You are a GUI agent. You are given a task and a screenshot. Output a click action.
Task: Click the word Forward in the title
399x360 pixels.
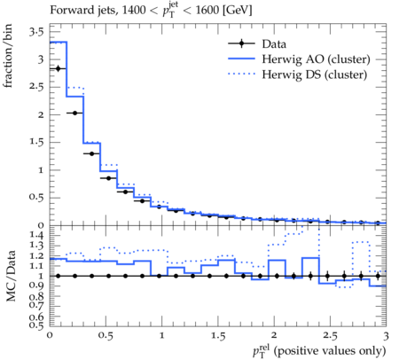[x=68, y=11]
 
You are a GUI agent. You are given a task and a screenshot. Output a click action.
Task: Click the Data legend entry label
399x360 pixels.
[x=274, y=44]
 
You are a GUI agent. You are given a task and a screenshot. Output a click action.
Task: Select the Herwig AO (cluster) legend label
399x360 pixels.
[x=316, y=59]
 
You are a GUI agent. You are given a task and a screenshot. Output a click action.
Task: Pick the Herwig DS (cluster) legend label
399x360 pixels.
[x=315, y=74]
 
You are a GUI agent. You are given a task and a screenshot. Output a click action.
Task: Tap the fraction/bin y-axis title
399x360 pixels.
[x=8, y=56]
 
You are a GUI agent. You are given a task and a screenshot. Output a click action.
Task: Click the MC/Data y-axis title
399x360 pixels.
[x=11, y=276]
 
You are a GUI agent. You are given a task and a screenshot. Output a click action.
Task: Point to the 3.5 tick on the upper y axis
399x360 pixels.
[x=36, y=32]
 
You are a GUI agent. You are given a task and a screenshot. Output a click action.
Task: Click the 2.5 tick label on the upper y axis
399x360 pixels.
[x=36, y=87]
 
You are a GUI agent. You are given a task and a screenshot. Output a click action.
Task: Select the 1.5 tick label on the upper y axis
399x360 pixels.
[x=36, y=142]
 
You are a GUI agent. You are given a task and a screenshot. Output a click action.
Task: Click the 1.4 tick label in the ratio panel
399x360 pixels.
[x=36, y=235]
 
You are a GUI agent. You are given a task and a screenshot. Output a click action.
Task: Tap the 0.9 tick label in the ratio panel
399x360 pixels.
[x=36, y=286]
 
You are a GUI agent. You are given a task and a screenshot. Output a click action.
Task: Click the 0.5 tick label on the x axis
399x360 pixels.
[x=106, y=336]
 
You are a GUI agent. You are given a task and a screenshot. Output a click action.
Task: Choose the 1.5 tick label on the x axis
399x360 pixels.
[x=218, y=336]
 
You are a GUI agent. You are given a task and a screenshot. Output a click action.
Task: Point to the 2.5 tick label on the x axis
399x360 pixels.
[x=330, y=336]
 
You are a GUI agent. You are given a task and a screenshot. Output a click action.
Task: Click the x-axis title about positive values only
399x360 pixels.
[x=319, y=351]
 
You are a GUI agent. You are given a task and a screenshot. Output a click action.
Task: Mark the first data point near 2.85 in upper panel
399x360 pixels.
[x=58, y=68]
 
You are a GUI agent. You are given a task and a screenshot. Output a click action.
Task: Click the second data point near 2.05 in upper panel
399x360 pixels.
[x=74, y=113]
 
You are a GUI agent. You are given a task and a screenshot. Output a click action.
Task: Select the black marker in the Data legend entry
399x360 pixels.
[x=241, y=43]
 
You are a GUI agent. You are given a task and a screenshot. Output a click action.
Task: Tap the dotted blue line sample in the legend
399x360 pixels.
[x=241, y=74]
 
